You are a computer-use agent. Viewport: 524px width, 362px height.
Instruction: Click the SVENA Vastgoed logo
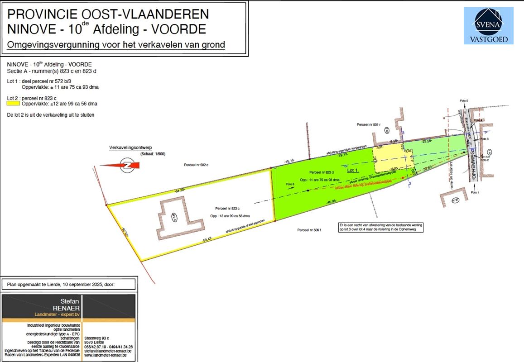[x=488, y=26]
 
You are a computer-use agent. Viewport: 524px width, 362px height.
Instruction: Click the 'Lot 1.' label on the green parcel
[x=353, y=171]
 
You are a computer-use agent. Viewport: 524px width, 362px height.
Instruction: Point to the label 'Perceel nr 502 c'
[x=196, y=165]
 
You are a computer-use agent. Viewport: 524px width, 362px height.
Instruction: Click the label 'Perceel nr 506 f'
[x=309, y=230]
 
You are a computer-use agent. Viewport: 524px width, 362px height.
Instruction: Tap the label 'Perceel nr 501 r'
[x=368, y=124]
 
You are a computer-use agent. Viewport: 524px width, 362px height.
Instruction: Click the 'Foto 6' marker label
[x=290, y=185]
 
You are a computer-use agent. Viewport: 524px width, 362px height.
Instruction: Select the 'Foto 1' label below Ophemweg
[x=474, y=193]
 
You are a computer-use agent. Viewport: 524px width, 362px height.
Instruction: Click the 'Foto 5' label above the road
[x=464, y=100]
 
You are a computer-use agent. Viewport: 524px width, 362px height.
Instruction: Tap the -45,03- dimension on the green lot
[x=332, y=201]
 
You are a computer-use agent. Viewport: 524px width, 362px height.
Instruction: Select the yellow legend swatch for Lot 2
[x=14, y=104]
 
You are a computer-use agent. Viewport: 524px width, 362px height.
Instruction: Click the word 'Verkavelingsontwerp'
[x=130, y=148]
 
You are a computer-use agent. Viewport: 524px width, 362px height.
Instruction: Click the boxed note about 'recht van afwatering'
[x=381, y=227]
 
